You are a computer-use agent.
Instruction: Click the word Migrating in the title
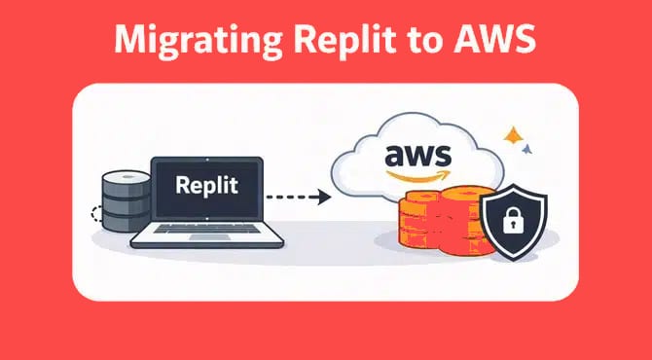click(x=184, y=41)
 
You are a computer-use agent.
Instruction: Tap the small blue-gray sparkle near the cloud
click(x=528, y=150)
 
